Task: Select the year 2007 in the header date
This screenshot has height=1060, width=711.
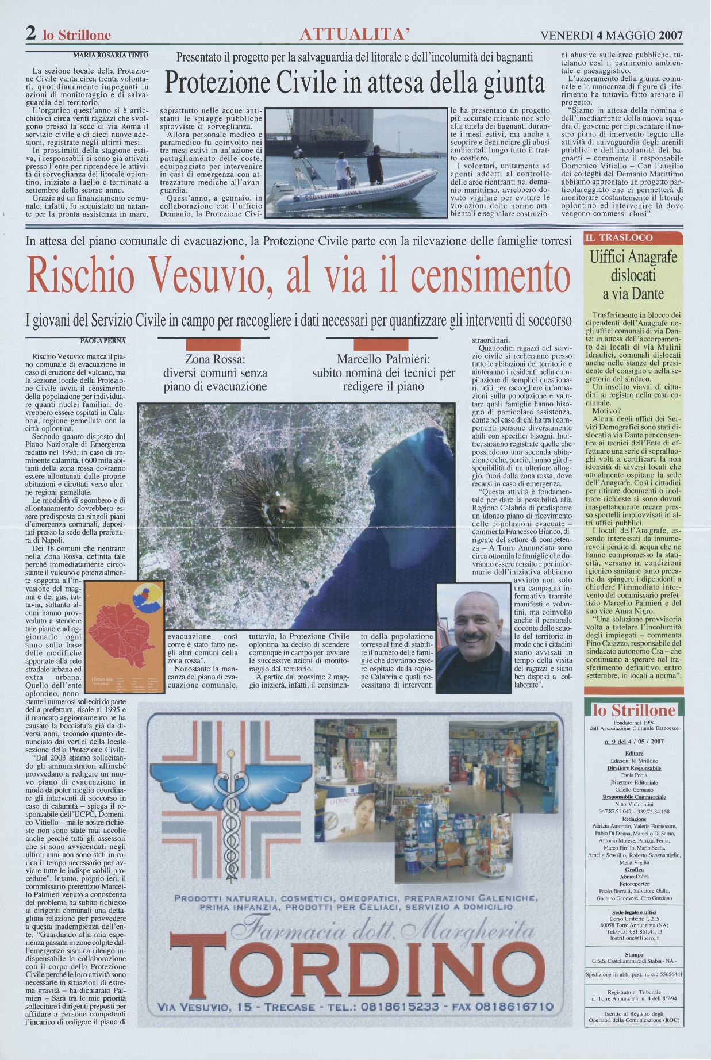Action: (x=671, y=35)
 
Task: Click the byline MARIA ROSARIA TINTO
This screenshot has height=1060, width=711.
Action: (x=111, y=55)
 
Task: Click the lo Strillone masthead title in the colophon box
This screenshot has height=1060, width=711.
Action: (x=633, y=710)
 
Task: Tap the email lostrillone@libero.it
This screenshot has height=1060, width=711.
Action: (x=633, y=937)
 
